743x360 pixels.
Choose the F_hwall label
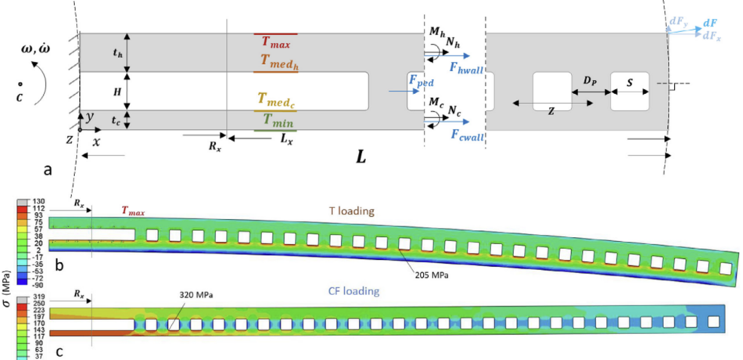point(467,69)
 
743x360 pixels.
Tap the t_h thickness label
point(118,53)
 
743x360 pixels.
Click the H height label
point(119,92)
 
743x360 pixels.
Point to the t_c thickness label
point(117,121)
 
